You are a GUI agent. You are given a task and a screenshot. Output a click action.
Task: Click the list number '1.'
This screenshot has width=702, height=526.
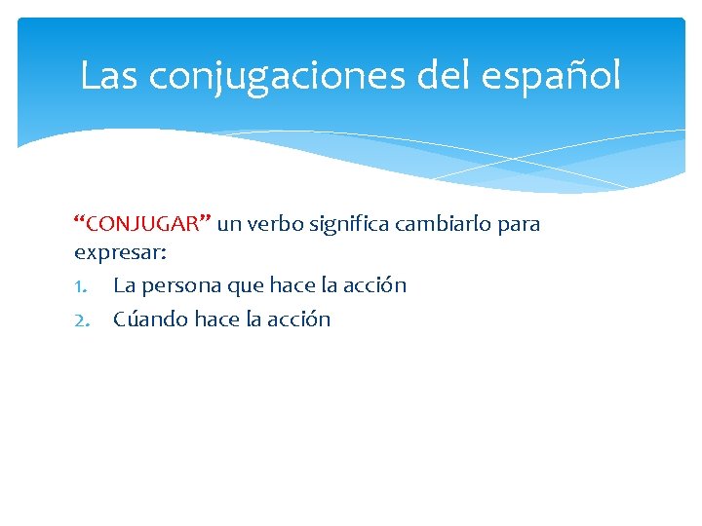tap(83, 286)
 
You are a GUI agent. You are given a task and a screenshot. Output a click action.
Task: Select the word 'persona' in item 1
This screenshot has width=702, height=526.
tap(183, 287)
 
